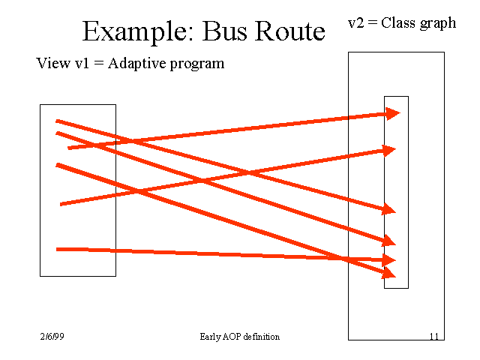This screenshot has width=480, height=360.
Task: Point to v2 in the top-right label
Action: point(356,22)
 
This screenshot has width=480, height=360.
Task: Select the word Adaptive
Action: point(138,64)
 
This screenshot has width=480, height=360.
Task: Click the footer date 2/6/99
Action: point(53,337)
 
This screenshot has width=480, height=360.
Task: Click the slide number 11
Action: point(434,337)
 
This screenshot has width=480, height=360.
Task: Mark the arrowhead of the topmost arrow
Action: point(393,113)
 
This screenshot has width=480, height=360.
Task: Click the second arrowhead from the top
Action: point(388,150)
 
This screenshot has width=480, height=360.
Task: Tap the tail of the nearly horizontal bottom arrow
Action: point(58,249)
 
